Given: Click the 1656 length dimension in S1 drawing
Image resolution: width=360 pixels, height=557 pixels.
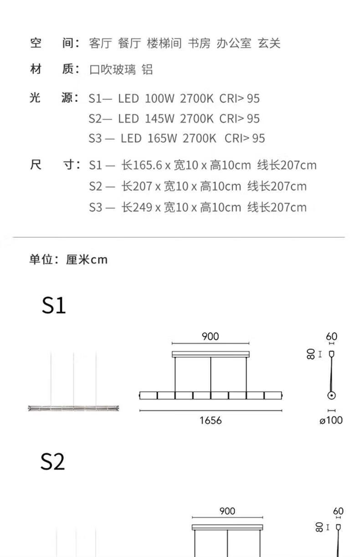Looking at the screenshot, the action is coord(211,420).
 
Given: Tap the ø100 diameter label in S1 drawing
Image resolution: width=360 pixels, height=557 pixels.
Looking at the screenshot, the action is coord(331,420).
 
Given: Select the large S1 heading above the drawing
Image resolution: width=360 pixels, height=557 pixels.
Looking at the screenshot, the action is coord(54,305).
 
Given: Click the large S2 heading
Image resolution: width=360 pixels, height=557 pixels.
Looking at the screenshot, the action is coord(52,461).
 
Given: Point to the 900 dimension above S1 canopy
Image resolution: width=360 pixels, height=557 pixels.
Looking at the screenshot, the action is coord(210,337).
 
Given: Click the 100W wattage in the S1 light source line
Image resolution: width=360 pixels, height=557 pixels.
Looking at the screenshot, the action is coord(159,98).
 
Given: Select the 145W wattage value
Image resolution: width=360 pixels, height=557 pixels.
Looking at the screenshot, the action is coord(159,118).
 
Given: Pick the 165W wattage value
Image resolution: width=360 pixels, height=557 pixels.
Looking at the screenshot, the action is coord(162,138).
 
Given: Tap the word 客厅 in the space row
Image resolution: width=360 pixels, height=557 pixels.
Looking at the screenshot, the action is coord(100,43).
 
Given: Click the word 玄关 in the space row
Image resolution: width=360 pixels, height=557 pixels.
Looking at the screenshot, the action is coord(269,43).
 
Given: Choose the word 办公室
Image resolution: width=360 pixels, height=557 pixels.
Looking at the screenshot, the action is coord(234,43).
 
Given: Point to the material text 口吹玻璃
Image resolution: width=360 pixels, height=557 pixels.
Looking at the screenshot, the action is coord(113,69).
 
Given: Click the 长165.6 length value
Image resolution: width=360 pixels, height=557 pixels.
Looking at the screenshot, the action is coord(142,165).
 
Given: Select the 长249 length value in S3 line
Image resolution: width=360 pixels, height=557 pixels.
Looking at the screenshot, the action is coord(137,207).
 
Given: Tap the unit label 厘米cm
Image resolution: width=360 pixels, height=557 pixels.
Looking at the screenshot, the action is coord(87,260).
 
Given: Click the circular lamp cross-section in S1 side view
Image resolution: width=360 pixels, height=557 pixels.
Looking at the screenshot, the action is coord(331,395).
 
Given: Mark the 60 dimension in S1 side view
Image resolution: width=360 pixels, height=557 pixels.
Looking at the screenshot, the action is coord(332,337).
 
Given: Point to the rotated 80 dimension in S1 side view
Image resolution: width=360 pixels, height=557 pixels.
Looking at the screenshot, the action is coord(311,354).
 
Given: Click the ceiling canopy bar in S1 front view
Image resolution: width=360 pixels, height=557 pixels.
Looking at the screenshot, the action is coord(211,354).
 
